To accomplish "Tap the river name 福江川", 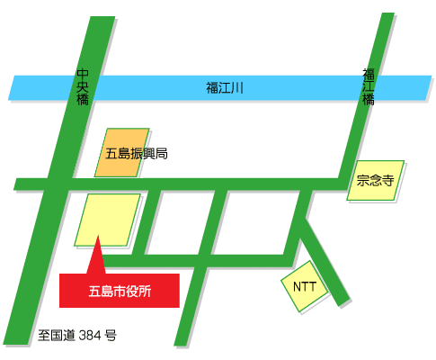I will pos(225,87).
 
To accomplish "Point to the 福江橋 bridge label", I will pos(369,86).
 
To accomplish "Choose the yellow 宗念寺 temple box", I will pos(376,180).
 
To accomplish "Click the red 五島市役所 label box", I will pos(120,290).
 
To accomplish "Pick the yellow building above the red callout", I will pos(108,220).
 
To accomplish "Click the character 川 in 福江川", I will pos(238,87).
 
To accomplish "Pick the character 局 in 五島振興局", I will pos(162,154).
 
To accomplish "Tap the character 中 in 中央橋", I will pos(83,74).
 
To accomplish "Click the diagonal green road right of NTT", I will pos(323,261).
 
